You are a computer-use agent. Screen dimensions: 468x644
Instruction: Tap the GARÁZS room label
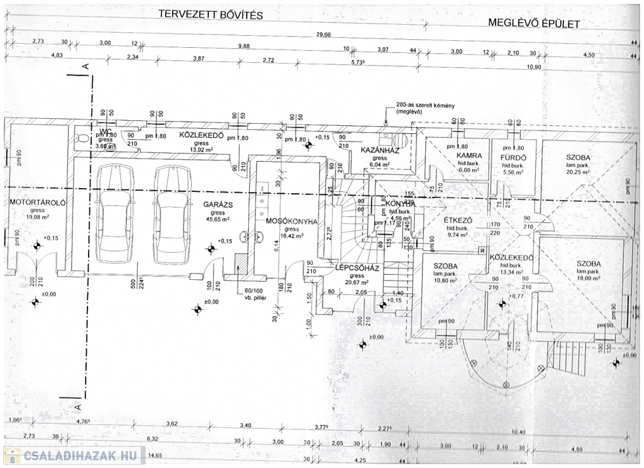click(x=218, y=204)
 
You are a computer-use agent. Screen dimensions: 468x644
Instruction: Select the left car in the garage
click(x=115, y=214)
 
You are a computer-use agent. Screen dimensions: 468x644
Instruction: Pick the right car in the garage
click(x=172, y=214)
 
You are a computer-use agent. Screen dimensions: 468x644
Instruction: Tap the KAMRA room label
click(x=469, y=155)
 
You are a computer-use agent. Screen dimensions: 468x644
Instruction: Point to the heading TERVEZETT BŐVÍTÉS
click(x=210, y=13)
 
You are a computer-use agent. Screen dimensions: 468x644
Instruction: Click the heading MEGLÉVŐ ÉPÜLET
click(x=534, y=23)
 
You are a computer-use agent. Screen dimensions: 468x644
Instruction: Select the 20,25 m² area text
click(x=577, y=171)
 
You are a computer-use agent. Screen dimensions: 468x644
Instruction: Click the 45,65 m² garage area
click(x=218, y=220)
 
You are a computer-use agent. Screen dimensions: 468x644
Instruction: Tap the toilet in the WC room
click(x=80, y=138)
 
